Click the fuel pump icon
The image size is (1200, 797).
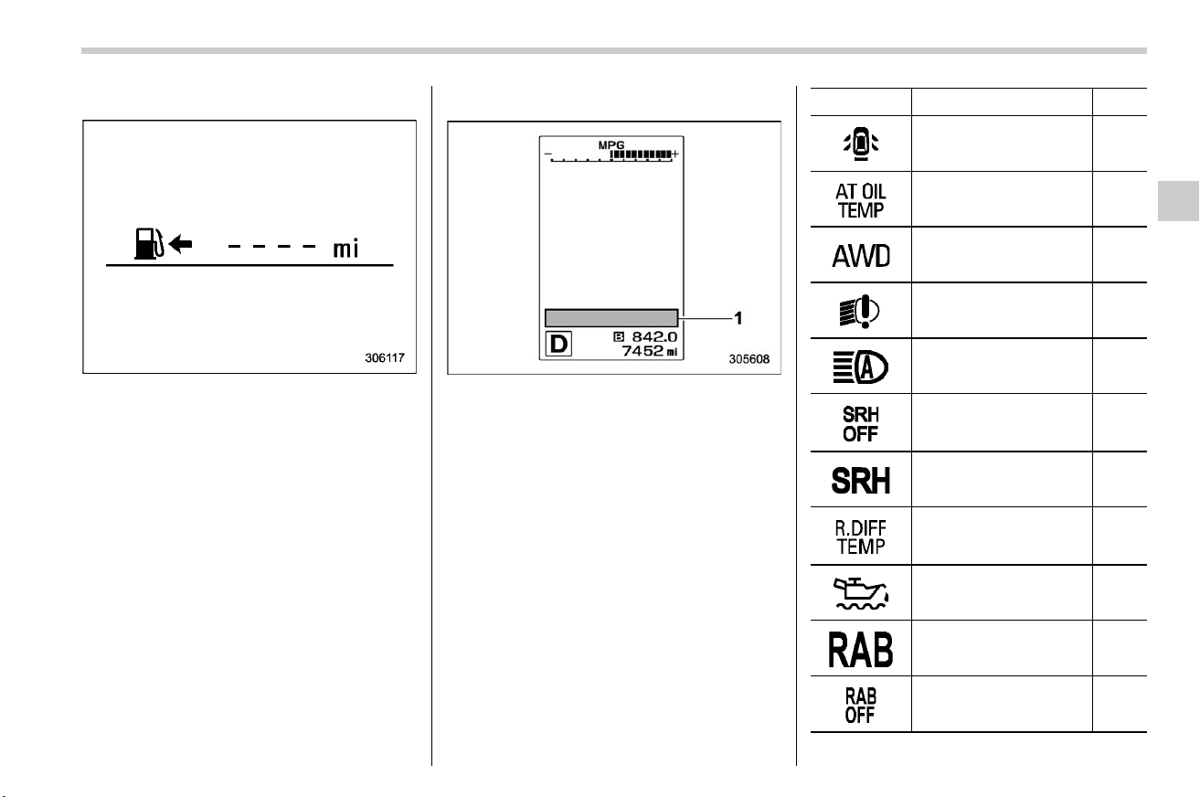(149, 244)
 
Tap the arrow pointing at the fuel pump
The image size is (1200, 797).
(181, 244)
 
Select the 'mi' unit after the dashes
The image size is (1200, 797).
(345, 249)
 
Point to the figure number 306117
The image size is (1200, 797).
(385, 357)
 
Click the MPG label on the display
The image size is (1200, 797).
(611, 145)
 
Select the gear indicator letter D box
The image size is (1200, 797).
(558, 344)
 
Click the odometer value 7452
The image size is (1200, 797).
(642, 351)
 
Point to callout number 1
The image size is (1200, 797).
(738, 318)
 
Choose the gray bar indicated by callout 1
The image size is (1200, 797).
(611, 318)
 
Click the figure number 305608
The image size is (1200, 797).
(749, 359)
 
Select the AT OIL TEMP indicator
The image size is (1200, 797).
(860, 201)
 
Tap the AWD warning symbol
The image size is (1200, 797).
(861, 256)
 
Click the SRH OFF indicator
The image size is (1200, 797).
(860, 424)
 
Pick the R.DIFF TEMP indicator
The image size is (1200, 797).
(860, 537)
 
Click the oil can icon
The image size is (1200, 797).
(860, 593)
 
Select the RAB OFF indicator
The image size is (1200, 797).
(860, 706)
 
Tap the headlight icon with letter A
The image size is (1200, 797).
(860, 367)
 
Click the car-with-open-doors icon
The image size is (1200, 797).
(860, 143)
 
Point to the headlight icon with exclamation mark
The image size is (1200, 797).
(860, 311)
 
